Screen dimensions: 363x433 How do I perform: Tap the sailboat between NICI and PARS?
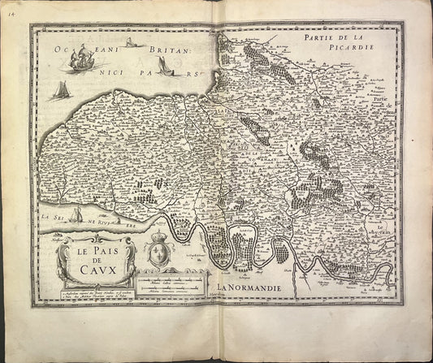tap(166, 69)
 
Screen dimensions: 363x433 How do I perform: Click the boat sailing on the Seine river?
tap(76, 215)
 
